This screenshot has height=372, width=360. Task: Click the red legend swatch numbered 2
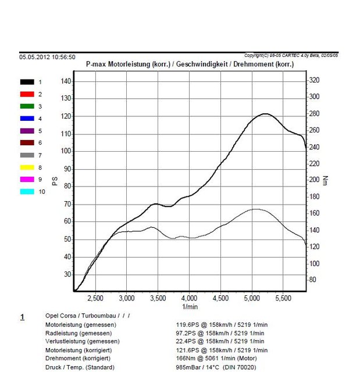[27, 94]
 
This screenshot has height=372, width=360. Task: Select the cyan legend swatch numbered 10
[27, 191]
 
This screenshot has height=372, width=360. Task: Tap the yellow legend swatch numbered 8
[27, 167]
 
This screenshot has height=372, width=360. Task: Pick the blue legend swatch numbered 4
[27, 119]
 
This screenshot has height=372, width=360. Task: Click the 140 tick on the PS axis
[66, 81]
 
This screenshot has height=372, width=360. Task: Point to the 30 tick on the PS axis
[67, 274]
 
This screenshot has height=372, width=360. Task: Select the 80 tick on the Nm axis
[313, 280]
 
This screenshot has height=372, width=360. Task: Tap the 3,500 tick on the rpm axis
[158, 298]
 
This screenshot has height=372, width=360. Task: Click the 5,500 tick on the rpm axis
[283, 298]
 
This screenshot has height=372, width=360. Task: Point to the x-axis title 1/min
[190, 306]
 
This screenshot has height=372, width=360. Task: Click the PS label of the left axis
[55, 181]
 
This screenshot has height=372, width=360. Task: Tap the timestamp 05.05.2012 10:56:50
[47, 57]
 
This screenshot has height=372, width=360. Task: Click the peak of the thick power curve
[265, 114]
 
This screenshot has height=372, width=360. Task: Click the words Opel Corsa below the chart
[60, 316]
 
